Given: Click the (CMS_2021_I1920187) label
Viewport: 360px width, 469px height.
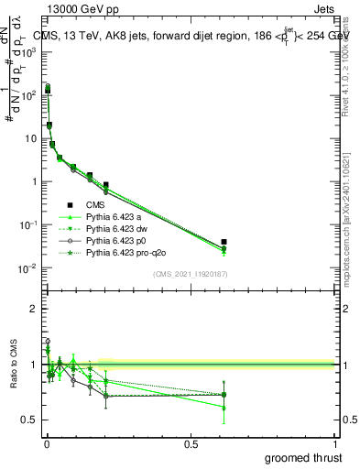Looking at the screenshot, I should coord(190,275).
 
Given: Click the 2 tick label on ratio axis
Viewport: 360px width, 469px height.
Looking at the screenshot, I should coord(34,309).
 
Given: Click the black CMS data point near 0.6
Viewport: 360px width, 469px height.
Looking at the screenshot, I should coord(224,242).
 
